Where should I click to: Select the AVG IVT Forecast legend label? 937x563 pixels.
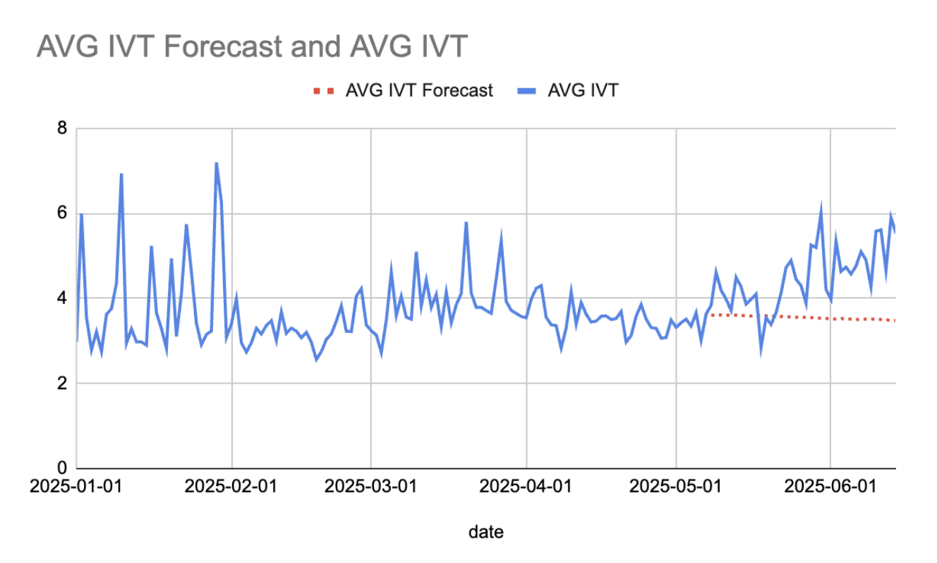419,90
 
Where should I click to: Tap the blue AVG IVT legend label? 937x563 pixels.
583,90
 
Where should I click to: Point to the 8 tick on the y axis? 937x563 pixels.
62,129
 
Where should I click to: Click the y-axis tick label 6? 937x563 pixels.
62,214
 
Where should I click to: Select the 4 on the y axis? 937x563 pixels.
62,299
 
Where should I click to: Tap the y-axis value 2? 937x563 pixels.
62,384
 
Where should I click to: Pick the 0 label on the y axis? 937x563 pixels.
62,468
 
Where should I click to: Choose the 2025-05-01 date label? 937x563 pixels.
676,487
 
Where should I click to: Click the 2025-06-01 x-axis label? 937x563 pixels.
830,487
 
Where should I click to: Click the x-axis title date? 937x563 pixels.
486,532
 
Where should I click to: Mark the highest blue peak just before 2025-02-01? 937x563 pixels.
216,163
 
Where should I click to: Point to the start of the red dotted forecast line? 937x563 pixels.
711,315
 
